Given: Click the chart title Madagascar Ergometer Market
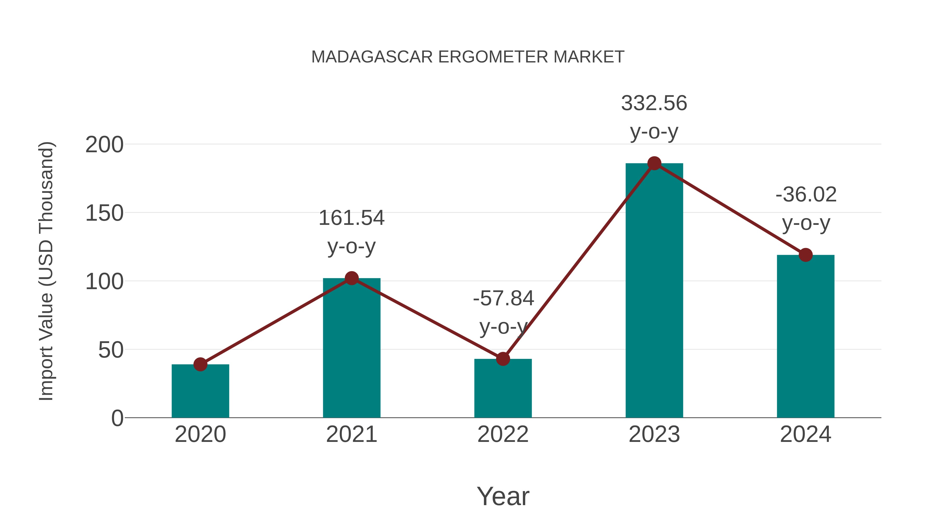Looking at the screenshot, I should pyautogui.click(x=468, y=57).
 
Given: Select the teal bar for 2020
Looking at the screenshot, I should pyautogui.click(x=200, y=393).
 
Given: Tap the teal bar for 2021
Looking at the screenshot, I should pyautogui.click(x=351, y=349).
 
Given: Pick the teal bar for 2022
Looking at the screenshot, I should pyautogui.click(x=503, y=389).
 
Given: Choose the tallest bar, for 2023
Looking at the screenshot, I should pyautogui.click(x=654, y=291).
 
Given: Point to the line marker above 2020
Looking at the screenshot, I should pyautogui.click(x=200, y=364).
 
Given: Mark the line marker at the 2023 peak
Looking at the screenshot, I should pyautogui.click(x=654, y=163).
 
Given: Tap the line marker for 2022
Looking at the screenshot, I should pyautogui.click(x=503, y=359).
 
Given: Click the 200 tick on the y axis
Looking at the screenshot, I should pyautogui.click(x=104, y=145).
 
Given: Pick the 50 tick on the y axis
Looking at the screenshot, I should pyautogui.click(x=111, y=350).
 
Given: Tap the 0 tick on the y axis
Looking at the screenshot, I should pyautogui.click(x=117, y=418).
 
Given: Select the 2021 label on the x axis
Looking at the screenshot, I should pyautogui.click(x=351, y=434).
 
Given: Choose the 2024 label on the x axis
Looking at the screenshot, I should pyautogui.click(x=805, y=434).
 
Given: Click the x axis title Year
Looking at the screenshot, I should pyautogui.click(x=503, y=496).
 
